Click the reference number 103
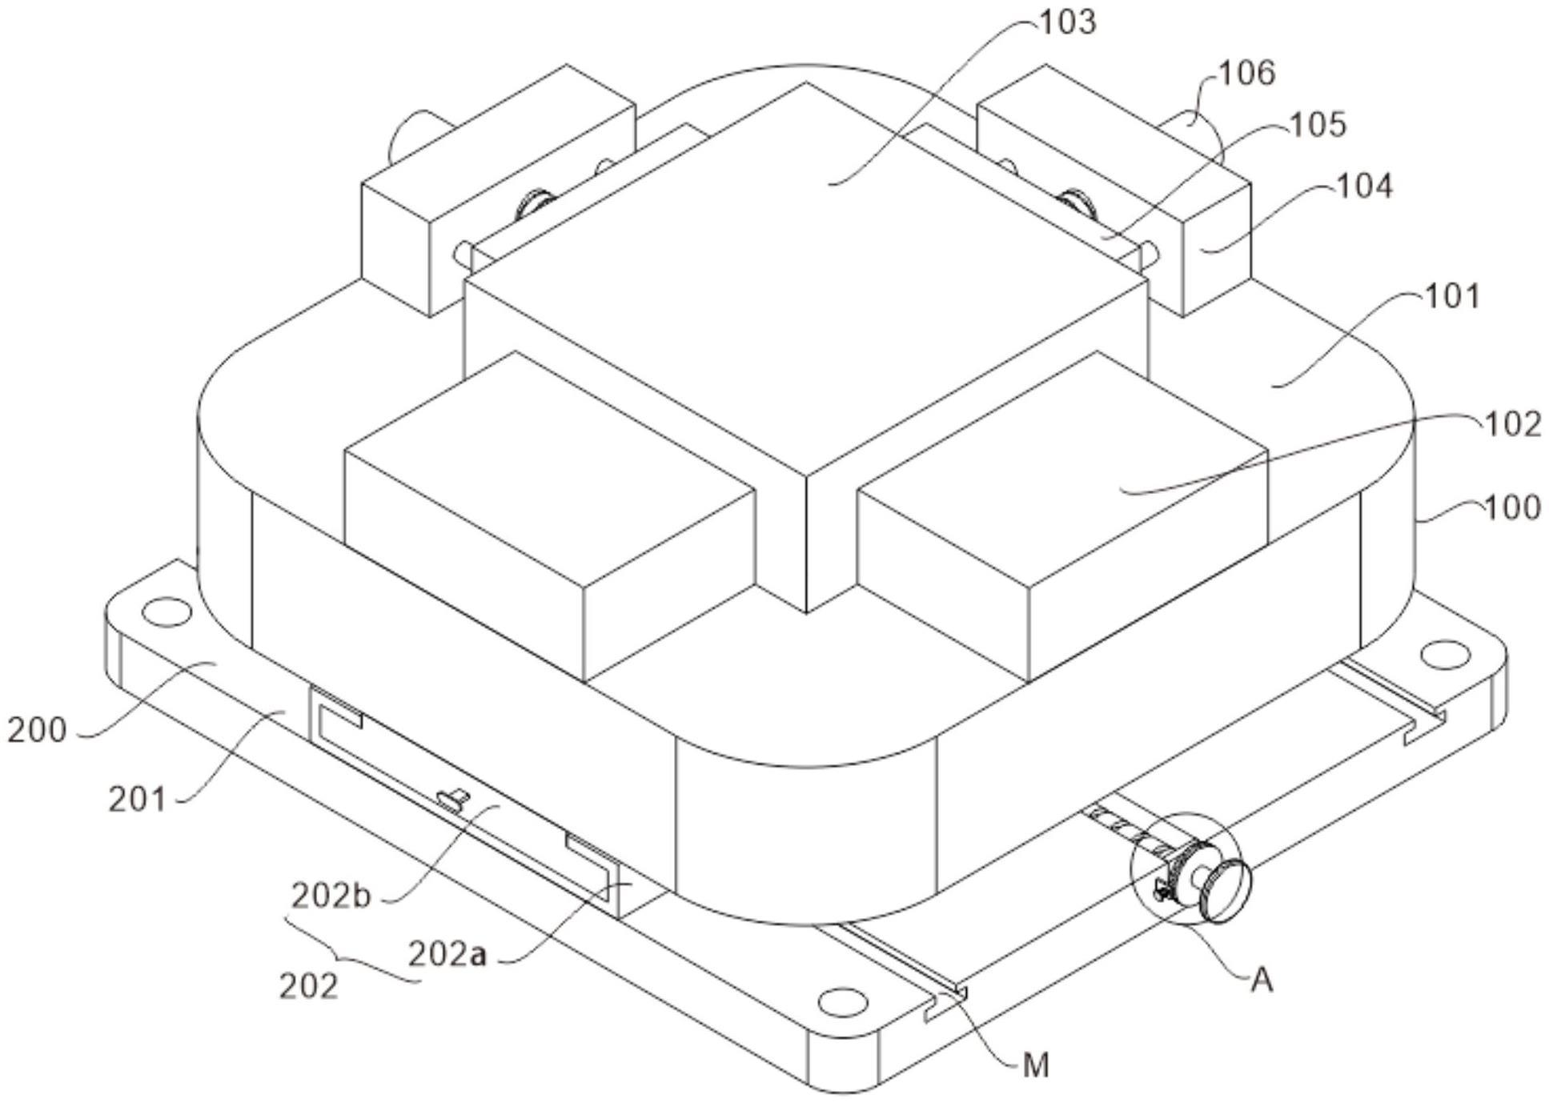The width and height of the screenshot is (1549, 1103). point(1067,22)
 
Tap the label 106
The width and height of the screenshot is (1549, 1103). point(1246,73)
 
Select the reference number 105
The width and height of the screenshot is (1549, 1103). point(1318,125)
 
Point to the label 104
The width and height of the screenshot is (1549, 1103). point(1365,187)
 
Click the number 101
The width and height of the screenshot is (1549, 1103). point(1453,297)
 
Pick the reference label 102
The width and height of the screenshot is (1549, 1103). point(1512,423)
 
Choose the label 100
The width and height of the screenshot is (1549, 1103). point(1512,507)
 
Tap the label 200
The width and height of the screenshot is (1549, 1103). point(37,730)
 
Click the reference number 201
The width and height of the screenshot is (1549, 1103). point(137,800)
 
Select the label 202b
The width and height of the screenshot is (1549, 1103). point(331,896)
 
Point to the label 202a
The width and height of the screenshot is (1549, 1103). point(447,954)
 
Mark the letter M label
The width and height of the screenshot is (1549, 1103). point(1035,1065)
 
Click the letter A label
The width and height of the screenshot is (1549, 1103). point(1261,980)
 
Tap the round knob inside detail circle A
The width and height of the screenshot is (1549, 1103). point(1224,890)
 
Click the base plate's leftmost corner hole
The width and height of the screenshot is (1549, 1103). point(167,612)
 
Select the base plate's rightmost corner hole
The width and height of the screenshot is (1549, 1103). point(1444,654)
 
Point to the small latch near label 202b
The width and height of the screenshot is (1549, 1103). point(452,799)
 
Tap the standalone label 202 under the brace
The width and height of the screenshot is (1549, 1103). point(308,987)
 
